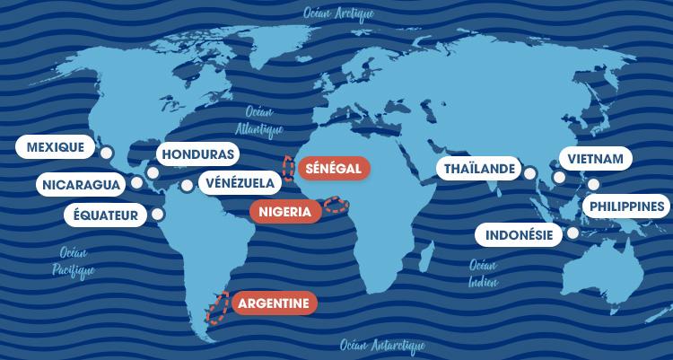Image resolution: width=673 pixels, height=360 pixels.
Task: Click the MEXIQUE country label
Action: (56, 146)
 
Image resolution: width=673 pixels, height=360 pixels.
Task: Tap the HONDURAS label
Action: (197, 154)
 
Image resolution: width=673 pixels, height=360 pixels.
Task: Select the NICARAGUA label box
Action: (81, 185)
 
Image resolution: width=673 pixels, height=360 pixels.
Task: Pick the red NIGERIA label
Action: (285, 212)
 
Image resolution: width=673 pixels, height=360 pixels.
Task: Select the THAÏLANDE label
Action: (480, 169)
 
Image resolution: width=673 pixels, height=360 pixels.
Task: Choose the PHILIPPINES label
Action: (627, 207)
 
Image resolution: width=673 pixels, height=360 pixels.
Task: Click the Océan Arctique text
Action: (340, 13)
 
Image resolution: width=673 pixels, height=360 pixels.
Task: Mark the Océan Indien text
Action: (483, 274)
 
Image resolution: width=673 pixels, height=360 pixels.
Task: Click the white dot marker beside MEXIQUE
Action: (106, 154)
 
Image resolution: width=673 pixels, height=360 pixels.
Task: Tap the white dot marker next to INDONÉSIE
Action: (572, 233)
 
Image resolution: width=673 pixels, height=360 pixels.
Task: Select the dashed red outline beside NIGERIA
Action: (336, 206)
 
